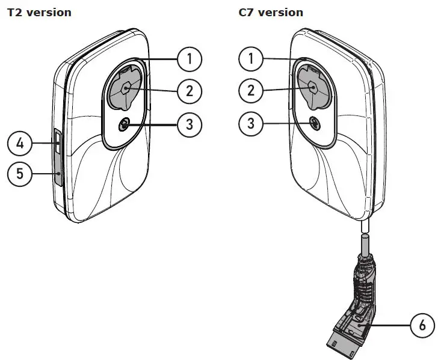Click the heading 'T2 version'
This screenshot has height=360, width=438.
[x=39, y=12]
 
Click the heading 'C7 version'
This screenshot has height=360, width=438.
[x=271, y=12]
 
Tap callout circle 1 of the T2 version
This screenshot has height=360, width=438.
[x=190, y=58]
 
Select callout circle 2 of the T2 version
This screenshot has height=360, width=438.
[x=190, y=91]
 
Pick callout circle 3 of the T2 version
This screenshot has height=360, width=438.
[x=190, y=124]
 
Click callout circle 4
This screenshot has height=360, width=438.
[x=19, y=144]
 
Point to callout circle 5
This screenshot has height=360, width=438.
[x=19, y=174]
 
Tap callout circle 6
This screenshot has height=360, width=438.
[x=421, y=326]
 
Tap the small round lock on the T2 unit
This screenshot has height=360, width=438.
[x=125, y=125]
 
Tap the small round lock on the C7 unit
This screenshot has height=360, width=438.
[x=315, y=123]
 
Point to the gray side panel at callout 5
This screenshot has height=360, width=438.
[x=58, y=175]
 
